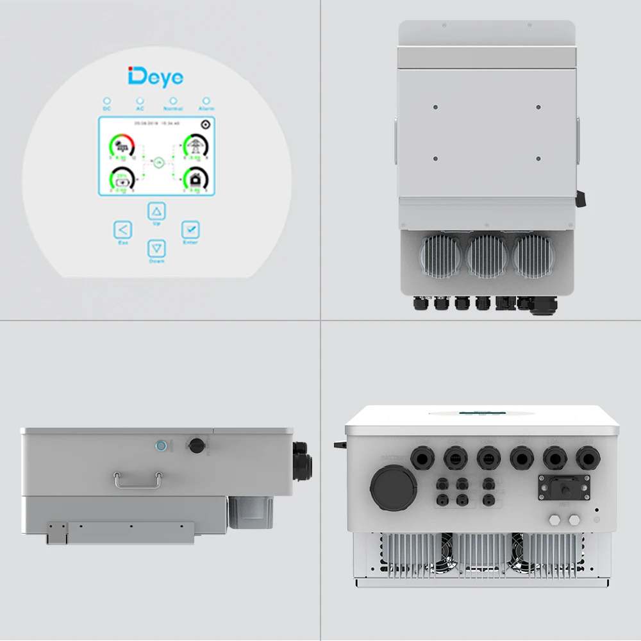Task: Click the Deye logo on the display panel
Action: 156,77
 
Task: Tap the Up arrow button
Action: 157,211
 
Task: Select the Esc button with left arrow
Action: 122,230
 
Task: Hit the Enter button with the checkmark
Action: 190,229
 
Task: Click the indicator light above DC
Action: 107,101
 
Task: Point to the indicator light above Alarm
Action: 206,101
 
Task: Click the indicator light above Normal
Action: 173,101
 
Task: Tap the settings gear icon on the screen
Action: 205,125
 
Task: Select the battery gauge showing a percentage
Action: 122,179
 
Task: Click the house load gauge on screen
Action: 195,179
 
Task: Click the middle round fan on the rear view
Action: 487,254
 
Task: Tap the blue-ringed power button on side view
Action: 162,445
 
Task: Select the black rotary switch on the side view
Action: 194,444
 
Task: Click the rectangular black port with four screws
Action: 562,488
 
